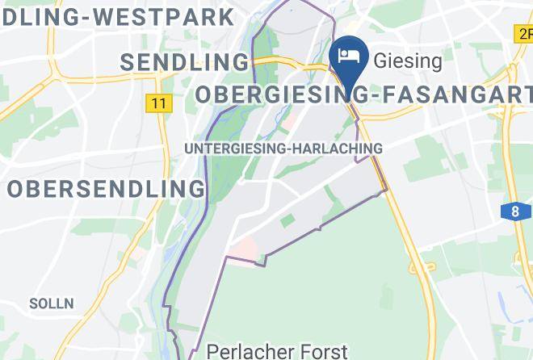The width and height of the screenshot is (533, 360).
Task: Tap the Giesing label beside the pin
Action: (407, 60)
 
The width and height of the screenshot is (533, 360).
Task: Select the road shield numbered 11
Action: (158, 103)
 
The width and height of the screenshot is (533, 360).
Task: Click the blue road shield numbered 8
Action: (515, 211)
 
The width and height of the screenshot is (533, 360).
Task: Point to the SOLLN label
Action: (51, 304)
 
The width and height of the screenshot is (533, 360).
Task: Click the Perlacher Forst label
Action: (277, 351)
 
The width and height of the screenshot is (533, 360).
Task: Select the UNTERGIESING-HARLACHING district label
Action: (283, 149)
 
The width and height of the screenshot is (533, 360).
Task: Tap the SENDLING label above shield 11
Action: (185, 62)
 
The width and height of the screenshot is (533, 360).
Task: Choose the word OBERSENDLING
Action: (106, 189)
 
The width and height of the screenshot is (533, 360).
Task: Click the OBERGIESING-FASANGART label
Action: (363, 95)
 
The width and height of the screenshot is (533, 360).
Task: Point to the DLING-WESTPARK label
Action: (117, 16)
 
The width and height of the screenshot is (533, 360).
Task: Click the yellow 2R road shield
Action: (523, 33)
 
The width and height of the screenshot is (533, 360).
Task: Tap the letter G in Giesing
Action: (378, 60)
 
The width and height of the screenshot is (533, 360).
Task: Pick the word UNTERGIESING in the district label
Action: (239, 149)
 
